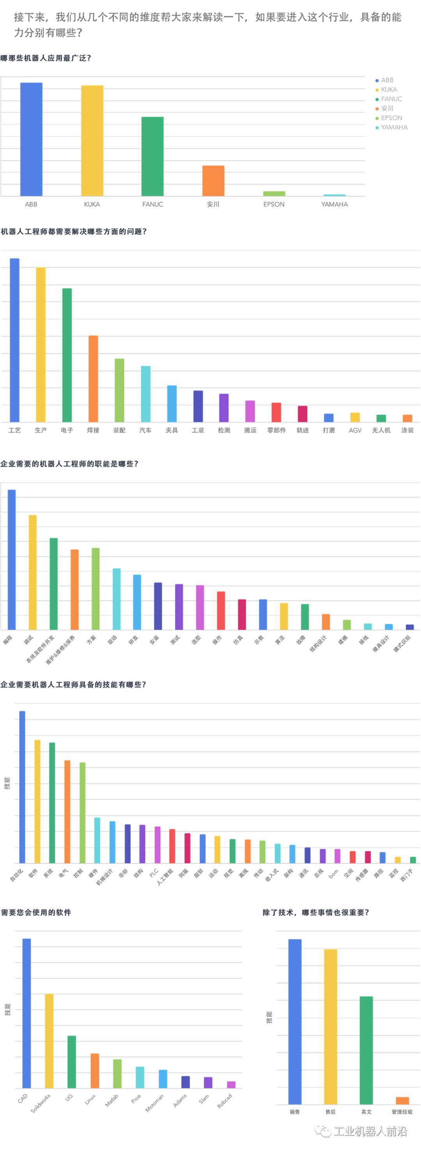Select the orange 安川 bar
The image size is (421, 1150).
[213, 181]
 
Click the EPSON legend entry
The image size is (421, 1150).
[391, 118]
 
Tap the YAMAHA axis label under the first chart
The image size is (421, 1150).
[334, 205]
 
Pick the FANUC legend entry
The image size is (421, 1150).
[391, 99]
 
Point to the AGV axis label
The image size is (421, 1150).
[355, 430]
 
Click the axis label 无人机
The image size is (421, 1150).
[381, 430]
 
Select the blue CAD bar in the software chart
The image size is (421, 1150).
[27, 1013]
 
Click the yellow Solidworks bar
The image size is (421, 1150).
[49, 1040]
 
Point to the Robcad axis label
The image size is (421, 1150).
[225, 1101]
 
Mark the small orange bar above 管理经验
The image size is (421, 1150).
[402, 1101]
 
